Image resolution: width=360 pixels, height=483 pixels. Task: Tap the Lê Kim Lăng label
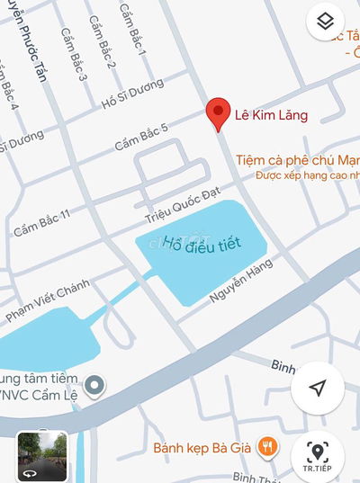[271, 114]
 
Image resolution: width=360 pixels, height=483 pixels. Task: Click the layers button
[326, 21]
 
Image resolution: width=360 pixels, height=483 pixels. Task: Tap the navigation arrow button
[317, 388]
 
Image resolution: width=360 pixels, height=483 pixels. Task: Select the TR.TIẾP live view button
[317, 456]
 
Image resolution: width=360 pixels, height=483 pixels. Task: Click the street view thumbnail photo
[42, 456]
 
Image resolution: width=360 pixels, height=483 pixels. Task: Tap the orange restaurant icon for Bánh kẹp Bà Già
[265, 444]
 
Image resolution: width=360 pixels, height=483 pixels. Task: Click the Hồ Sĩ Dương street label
[132, 94]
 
